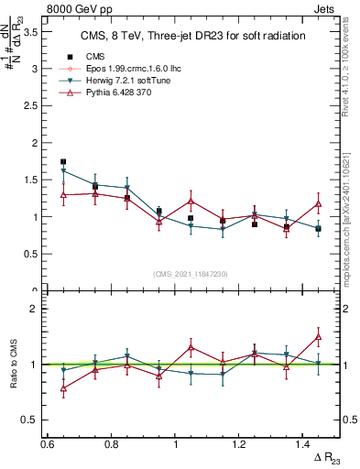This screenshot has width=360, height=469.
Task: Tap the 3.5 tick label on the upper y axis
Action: click(31, 32)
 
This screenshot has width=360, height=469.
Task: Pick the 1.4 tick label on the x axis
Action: click(304, 443)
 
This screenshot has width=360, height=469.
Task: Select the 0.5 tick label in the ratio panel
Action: click(31, 420)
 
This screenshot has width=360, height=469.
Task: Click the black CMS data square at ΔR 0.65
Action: click(63, 162)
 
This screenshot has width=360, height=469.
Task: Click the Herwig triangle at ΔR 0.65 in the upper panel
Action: click(63, 171)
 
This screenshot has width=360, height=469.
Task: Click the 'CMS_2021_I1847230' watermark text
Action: click(191, 273)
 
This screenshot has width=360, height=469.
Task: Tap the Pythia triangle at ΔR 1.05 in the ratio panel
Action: click(191, 347)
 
